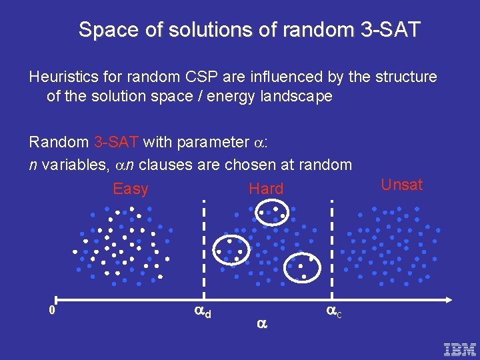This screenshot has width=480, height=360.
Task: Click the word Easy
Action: pyautogui.click(x=131, y=189)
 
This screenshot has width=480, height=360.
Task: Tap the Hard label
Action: pyautogui.click(x=266, y=189)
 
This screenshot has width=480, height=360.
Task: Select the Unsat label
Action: pyautogui.click(x=401, y=185)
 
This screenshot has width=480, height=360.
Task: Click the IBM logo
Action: pyautogui.click(x=460, y=349)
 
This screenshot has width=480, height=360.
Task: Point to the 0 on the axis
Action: pyautogui.click(x=51, y=310)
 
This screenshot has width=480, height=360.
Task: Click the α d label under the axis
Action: pyautogui.click(x=202, y=310)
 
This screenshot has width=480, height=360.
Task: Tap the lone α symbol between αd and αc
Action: pyautogui.click(x=261, y=324)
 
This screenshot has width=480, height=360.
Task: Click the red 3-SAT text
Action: pyautogui.click(x=116, y=142)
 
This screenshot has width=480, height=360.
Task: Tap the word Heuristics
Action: pyautogui.click(x=61, y=77)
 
